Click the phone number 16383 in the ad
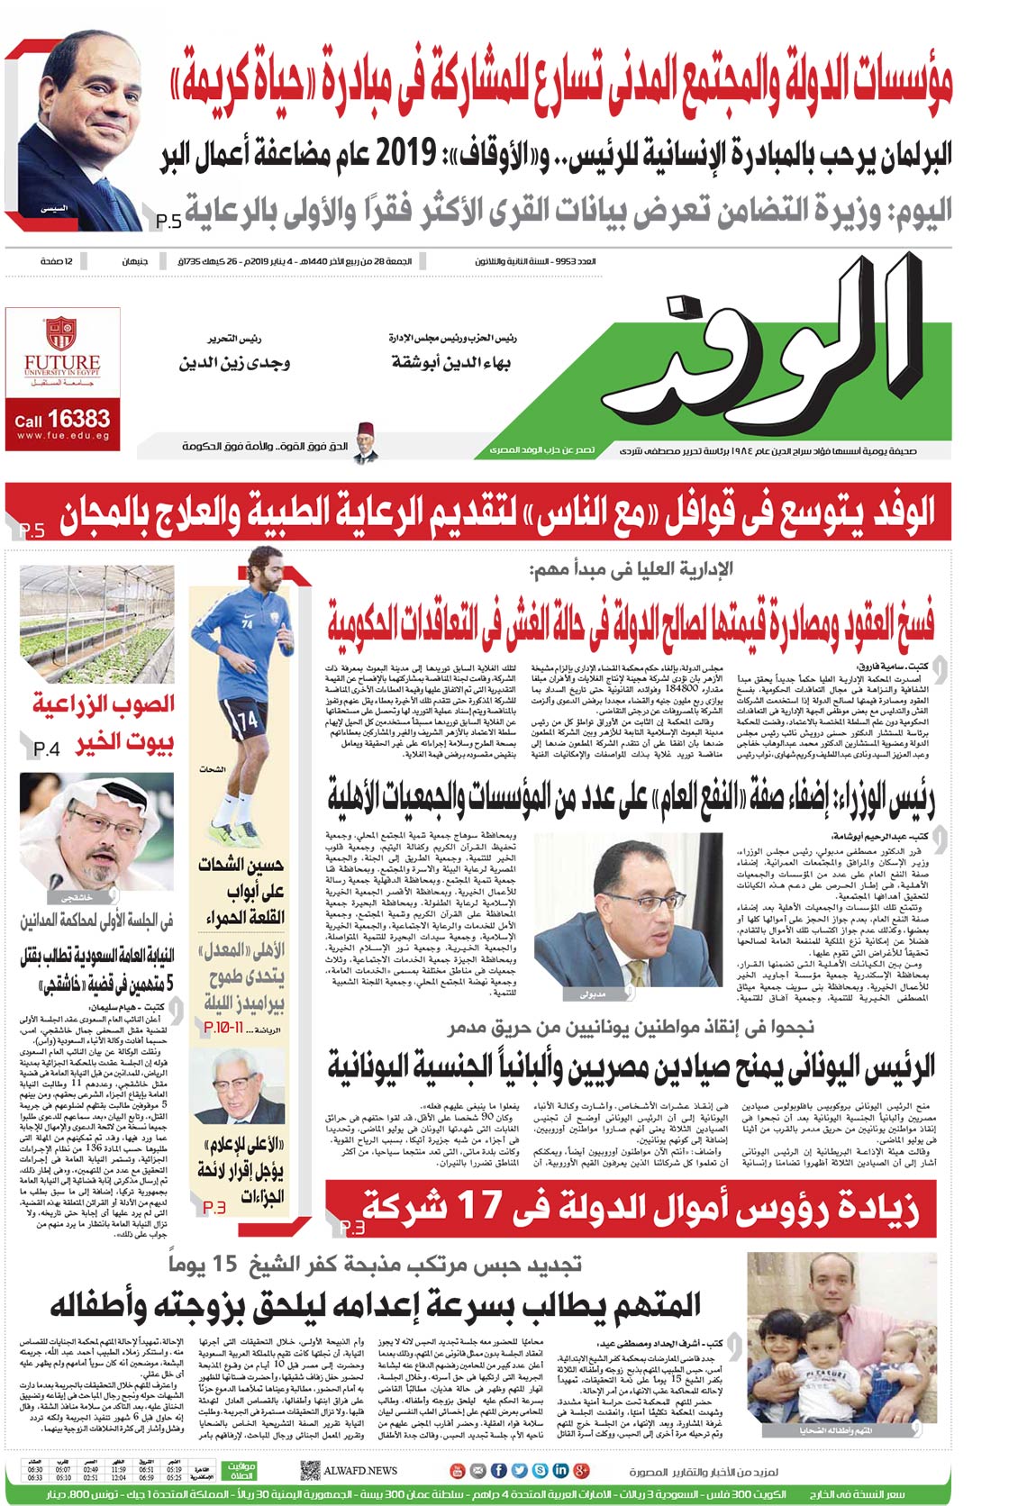point(78,419)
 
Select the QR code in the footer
point(310,1471)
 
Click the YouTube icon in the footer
point(457,1471)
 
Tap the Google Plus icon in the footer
point(581,1471)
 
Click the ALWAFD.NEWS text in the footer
point(360,1471)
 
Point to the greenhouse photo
point(97,623)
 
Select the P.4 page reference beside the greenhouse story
point(46,748)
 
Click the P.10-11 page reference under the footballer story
point(223,1027)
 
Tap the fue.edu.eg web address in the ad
point(62,436)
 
